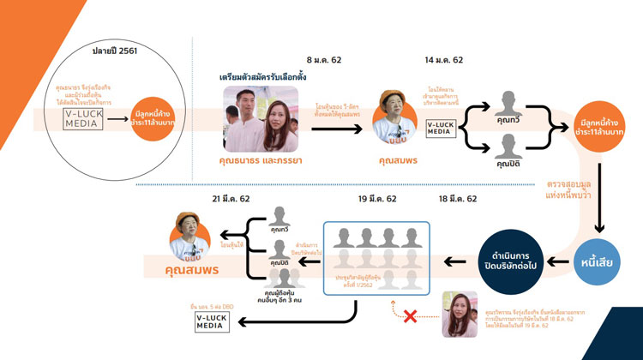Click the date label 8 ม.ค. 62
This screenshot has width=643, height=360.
coord(324,61)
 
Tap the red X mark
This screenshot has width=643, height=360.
coord(410,316)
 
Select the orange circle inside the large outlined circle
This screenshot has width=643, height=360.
coord(154,121)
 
